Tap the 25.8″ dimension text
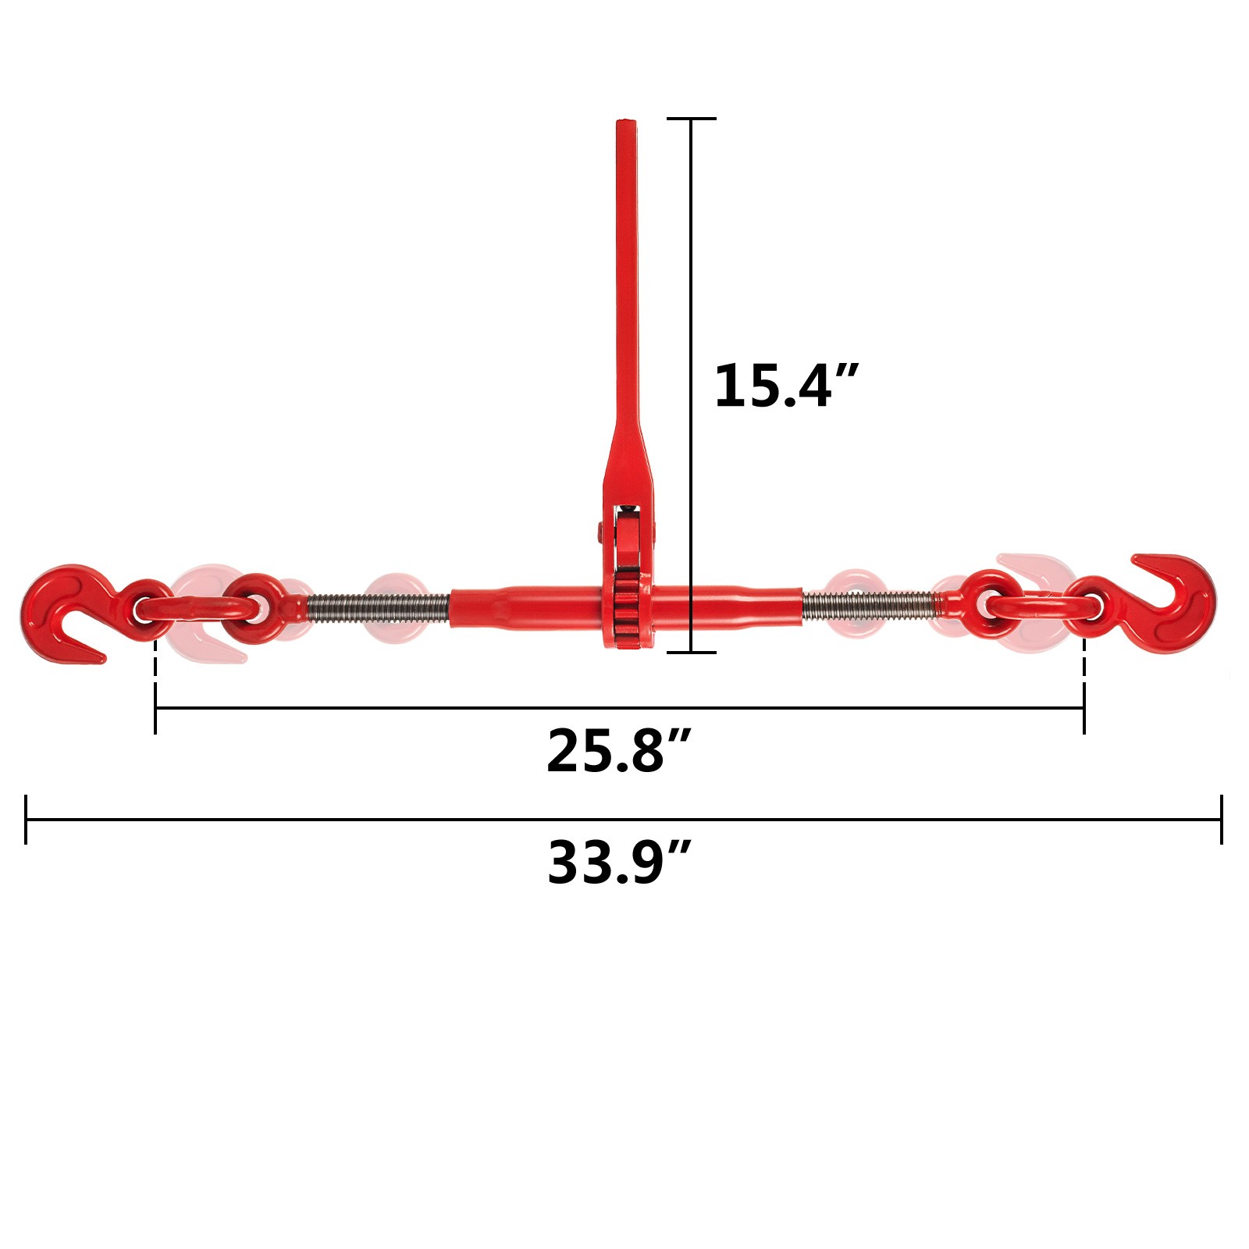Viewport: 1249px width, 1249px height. coord(619,750)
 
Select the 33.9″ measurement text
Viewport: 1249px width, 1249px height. coord(619,862)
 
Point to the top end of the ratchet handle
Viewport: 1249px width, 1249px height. coord(627,123)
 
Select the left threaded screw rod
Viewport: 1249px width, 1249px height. coord(379,606)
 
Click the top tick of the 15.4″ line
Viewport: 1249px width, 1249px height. coord(692,119)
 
